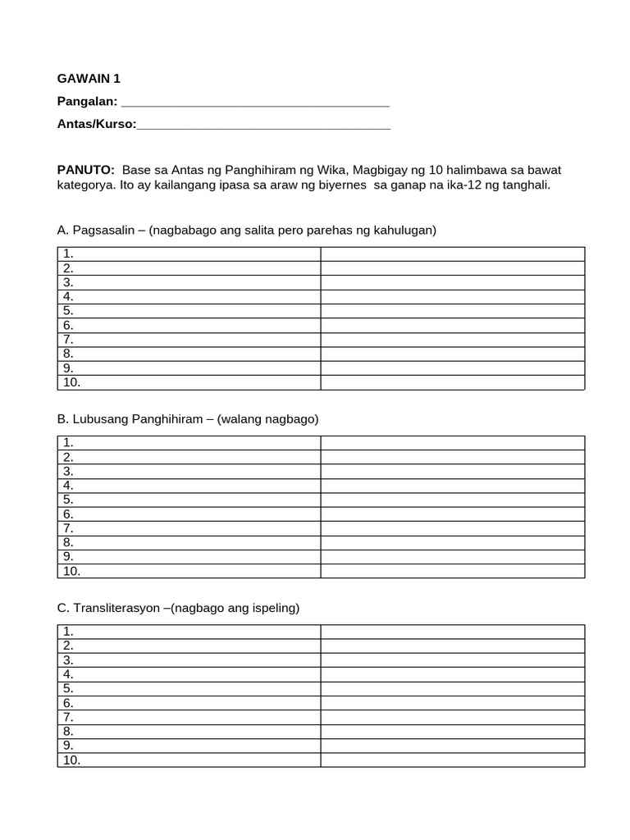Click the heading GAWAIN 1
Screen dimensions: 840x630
click(89, 79)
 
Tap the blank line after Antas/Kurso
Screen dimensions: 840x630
click(264, 126)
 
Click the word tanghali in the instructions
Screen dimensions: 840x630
click(525, 185)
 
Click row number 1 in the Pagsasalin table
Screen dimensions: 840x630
click(68, 254)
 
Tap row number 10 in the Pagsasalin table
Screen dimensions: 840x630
click(71, 382)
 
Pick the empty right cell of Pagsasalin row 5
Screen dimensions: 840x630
click(452, 311)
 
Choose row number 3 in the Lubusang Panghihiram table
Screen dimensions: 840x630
click(68, 472)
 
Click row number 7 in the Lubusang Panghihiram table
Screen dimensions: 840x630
click(68, 528)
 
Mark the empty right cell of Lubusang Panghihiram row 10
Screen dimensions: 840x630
click(452, 571)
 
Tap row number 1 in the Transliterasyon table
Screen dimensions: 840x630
click(68, 632)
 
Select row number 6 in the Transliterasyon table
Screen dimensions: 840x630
click(68, 703)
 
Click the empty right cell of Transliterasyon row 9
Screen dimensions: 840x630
click(452, 746)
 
